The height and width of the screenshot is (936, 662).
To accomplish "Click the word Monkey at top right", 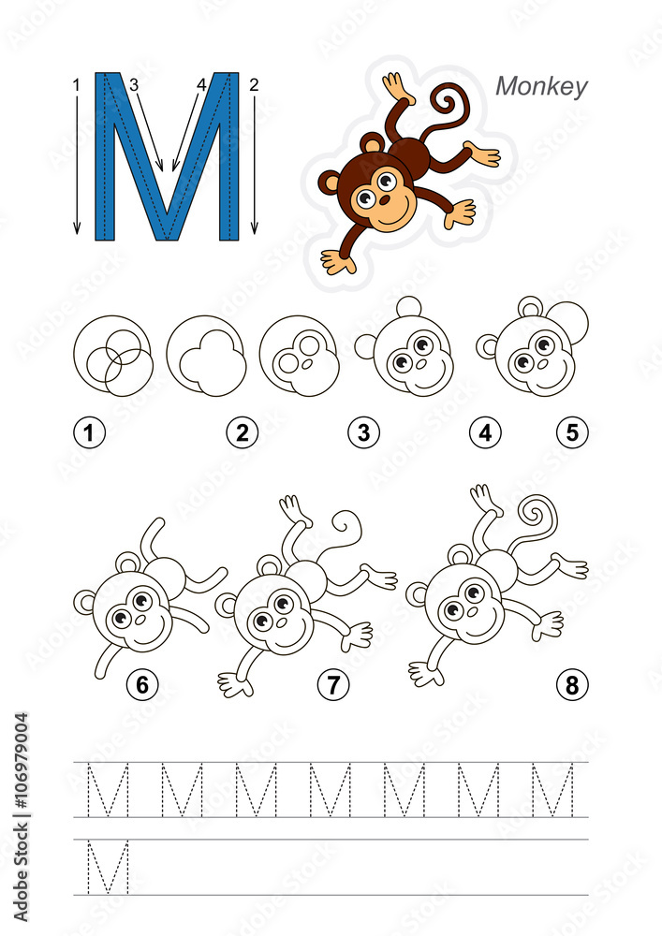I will pos(541,86).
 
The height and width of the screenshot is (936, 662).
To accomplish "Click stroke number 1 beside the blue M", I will pos(76,85).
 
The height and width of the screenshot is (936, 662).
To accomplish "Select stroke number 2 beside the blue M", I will pos(254,85).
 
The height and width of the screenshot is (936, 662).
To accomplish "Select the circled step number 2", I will pos(243,432).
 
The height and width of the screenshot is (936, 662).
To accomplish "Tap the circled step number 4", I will pos(485,432).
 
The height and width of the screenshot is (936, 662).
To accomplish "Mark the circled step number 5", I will pos(571,432).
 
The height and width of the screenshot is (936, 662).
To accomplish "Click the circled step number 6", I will pos(142,685).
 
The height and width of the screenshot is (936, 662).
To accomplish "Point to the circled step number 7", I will pos(332,685).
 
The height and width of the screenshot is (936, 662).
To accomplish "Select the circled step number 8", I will pos(571,685).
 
